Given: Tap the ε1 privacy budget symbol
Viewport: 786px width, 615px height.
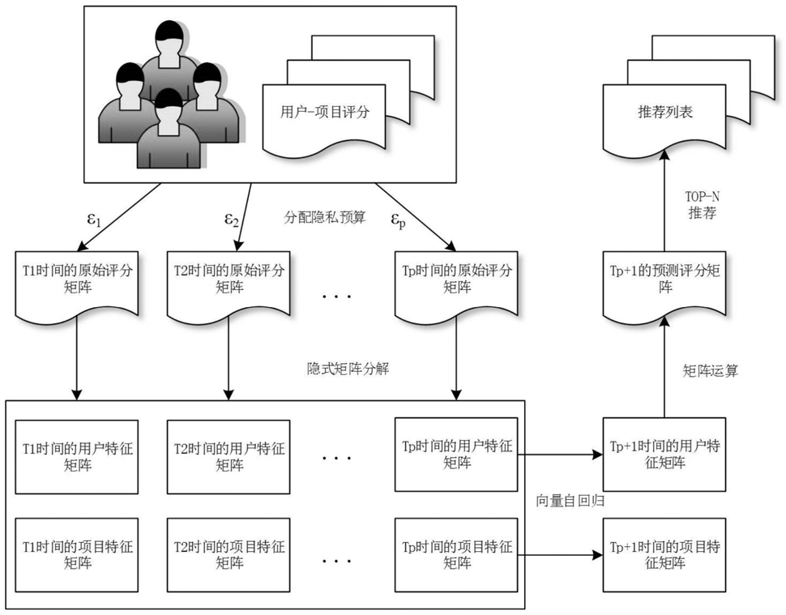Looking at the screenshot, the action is [94, 220].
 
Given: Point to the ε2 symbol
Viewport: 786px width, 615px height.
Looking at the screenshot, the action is [231, 220].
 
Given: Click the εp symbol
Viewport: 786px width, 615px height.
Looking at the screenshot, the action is [398, 220].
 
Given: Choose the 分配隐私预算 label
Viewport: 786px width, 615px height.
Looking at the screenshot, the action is [325, 217].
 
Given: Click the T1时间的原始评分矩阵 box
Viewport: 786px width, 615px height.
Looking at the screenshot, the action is [77, 286].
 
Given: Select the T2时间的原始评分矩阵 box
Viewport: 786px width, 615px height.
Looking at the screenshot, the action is [229, 286].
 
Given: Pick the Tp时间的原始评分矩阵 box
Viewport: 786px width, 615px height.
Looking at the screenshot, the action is [456, 286].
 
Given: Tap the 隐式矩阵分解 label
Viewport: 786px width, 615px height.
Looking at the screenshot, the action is [348, 369].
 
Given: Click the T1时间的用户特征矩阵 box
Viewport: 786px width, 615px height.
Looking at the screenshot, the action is [77, 457].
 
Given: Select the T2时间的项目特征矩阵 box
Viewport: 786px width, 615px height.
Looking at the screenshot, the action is [229, 555].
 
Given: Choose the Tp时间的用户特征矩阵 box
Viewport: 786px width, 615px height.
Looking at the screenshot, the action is [456, 455].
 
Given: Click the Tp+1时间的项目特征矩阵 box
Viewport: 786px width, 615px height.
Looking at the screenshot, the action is [664, 555].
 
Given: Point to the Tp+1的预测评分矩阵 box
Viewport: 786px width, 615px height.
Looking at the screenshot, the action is [664, 286].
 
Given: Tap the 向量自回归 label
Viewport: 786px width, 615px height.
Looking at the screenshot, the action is [570, 501].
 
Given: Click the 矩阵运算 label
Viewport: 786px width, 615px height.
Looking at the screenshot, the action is [711, 371].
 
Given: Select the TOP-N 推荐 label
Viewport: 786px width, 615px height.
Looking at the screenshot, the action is [703, 204].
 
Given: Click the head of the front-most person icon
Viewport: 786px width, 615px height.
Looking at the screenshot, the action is [169, 105].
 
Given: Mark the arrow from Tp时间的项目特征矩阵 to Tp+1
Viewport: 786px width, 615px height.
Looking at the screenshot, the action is [561, 555].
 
